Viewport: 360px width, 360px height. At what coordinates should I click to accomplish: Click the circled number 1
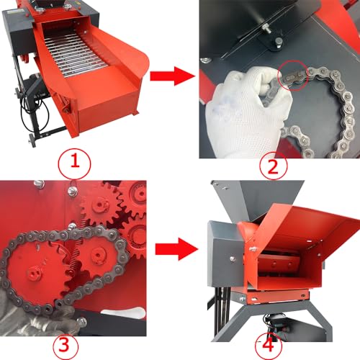point(75,163)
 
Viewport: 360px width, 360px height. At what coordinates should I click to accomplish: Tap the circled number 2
point(273,166)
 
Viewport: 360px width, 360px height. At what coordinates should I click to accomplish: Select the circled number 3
point(66,346)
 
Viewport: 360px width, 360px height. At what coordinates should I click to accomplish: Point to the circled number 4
point(268,346)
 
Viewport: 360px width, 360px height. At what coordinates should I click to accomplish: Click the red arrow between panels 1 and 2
point(172,76)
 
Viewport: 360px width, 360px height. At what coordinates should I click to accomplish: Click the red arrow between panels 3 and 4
point(176,248)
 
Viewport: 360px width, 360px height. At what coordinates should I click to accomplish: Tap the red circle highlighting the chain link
point(293,76)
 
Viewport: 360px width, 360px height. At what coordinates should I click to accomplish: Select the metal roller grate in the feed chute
point(72,54)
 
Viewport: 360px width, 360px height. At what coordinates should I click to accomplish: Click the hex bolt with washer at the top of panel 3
point(72,192)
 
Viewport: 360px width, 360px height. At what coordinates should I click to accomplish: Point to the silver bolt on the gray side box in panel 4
point(233,258)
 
